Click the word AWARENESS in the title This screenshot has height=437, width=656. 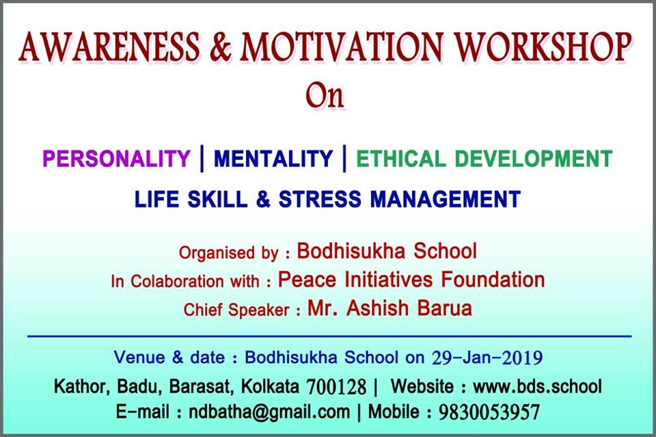(x=109, y=47)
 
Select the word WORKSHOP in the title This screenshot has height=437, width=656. (x=543, y=47)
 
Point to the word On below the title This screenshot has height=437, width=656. (x=325, y=96)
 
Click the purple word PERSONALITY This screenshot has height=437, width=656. (x=116, y=159)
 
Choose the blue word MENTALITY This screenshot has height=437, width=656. (x=273, y=159)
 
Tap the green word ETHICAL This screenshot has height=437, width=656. (x=400, y=159)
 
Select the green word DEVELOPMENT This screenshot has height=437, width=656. (x=534, y=159)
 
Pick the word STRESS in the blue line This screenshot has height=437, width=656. (x=320, y=199)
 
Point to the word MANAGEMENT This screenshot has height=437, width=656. (x=446, y=199)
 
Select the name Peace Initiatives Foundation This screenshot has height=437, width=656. (x=411, y=279)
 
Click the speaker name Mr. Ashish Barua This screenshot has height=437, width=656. (x=389, y=308)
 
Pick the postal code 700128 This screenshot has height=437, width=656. (x=336, y=387)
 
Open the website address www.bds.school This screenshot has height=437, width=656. (x=537, y=386)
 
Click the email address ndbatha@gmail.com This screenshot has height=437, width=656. (x=269, y=412)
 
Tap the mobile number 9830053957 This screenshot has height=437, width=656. (x=489, y=412)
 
